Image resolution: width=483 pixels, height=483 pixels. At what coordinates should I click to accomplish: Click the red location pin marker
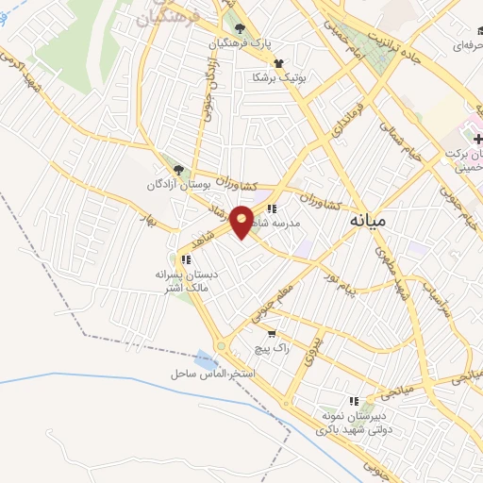point(242,222)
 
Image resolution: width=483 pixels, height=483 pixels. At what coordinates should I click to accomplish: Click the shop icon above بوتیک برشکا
point(278,63)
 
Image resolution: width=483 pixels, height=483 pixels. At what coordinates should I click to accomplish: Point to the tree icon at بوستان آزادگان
point(178,170)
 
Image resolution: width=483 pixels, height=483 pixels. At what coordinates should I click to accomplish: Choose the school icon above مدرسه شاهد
point(273,208)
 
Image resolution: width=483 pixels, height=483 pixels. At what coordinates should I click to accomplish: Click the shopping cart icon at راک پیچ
point(273,333)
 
